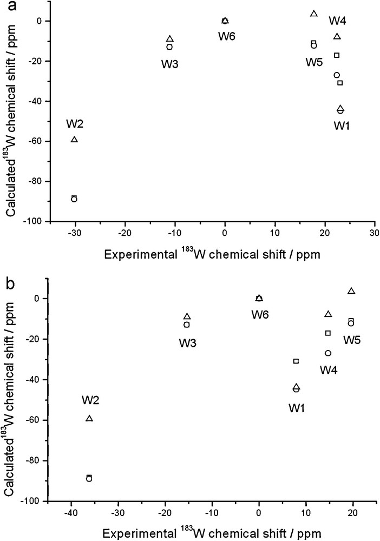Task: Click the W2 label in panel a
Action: [75, 123]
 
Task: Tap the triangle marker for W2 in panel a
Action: [75, 140]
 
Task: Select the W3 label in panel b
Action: [187, 342]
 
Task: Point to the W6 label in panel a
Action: [227, 36]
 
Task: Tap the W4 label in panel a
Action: [338, 21]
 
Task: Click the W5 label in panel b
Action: [353, 340]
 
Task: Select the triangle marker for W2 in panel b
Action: [89, 418]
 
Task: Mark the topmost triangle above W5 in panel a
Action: [313, 14]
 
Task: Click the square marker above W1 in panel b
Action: [296, 361]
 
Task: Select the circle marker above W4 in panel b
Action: [328, 353]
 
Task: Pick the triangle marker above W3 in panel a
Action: [170, 39]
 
